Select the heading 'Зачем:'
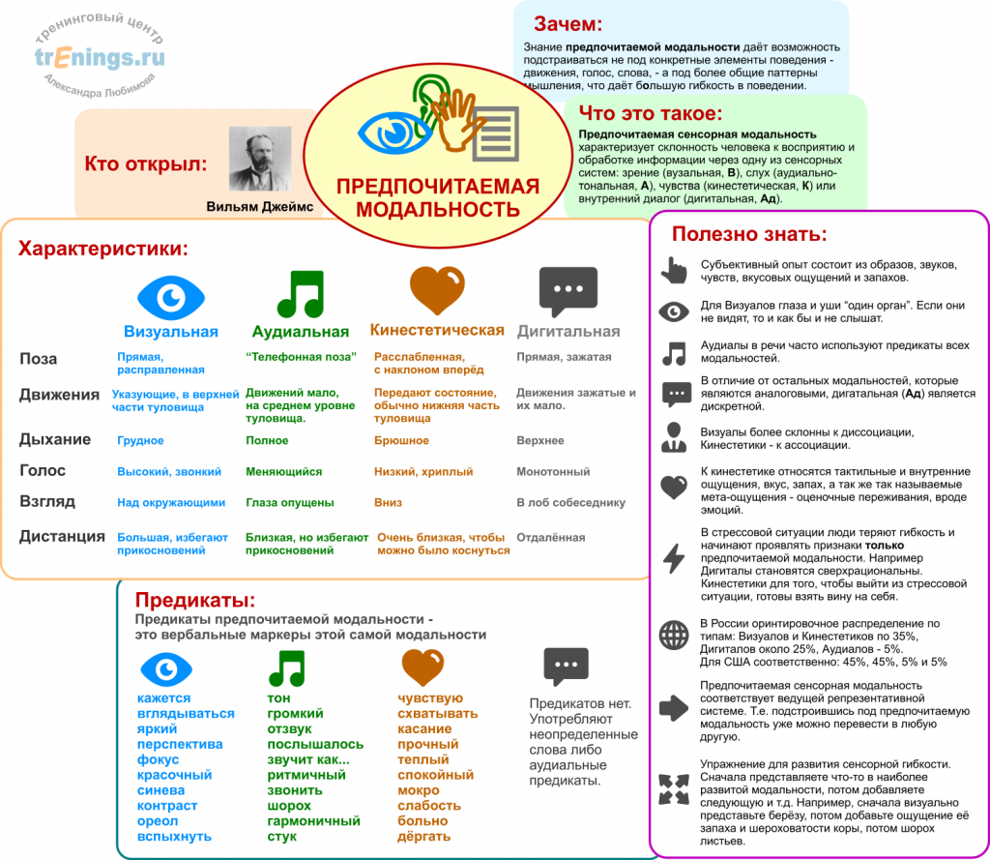(x=568, y=23)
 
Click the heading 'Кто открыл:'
(x=146, y=163)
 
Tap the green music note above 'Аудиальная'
(x=300, y=293)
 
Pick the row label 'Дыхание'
(x=55, y=439)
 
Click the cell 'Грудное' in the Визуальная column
(x=140, y=441)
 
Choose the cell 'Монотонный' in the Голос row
(x=553, y=472)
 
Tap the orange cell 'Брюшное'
(x=401, y=441)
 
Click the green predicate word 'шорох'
(x=289, y=806)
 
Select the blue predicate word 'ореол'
(x=158, y=821)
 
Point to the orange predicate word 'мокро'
(x=418, y=790)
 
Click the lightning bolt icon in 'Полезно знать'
(x=673, y=559)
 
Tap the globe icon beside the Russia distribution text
(x=673, y=635)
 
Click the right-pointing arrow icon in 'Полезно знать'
(x=673, y=707)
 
